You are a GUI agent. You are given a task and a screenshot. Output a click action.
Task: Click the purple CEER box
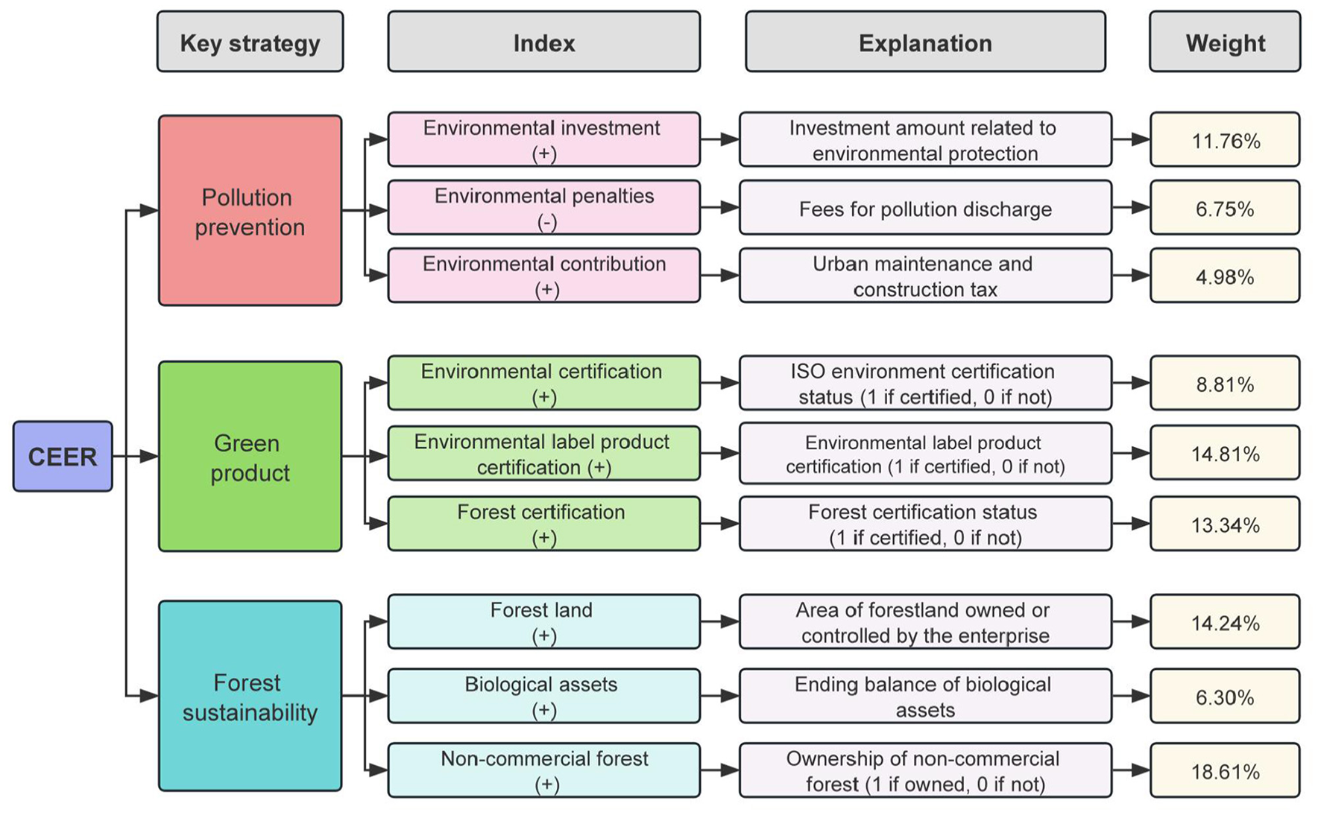63,456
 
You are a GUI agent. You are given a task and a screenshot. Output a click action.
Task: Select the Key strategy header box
250,42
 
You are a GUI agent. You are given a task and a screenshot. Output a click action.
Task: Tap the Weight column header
1225,42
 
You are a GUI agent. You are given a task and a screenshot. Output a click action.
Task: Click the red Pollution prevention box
250,211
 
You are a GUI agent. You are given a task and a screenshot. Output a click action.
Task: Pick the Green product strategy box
250,457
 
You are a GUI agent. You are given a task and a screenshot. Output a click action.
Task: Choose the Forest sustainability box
250,696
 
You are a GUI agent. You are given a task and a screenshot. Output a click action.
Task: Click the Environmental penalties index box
543,207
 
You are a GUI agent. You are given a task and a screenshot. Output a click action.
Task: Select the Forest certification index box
543,524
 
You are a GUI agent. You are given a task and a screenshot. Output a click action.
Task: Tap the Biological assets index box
543,696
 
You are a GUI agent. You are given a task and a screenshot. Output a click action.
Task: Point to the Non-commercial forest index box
543,770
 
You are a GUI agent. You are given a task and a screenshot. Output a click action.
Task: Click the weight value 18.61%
1225,771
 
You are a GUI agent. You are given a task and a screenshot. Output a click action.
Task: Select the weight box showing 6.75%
1225,208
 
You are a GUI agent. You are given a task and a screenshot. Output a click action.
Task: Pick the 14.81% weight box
1225,453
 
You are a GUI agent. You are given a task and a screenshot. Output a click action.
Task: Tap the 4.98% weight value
1225,276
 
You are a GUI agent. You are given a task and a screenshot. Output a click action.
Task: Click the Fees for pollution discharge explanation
925,208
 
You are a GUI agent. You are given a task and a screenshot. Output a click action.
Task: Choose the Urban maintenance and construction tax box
925,276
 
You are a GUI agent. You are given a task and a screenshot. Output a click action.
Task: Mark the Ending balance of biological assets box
925,696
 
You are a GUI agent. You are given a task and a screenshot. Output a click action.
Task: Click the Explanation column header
925,42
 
